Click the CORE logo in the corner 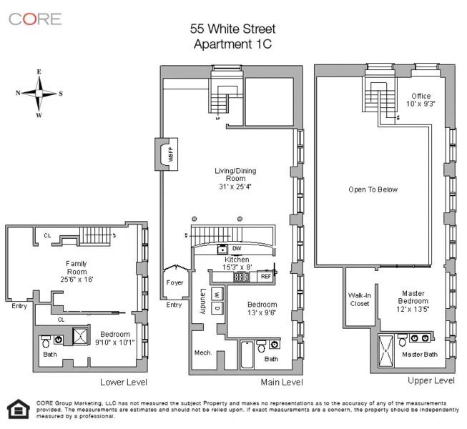pyautogui.click(x=35, y=19)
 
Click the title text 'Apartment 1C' pyautogui.click(x=232, y=44)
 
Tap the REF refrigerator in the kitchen pyautogui.click(x=265, y=275)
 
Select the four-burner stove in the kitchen pyautogui.click(x=242, y=276)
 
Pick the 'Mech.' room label pyautogui.click(x=202, y=352)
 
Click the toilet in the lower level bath pyautogui.click(x=47, y=340)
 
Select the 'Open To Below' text pyautogui.click(x=373, y=189)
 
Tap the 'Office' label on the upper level pyautogui.click(x=421, y=96)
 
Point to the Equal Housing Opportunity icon pyautogui.click(x=16, y=410)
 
